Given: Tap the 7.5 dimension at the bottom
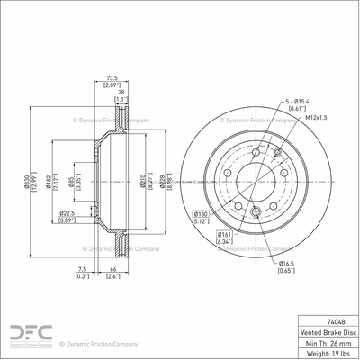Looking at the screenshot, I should point(83,268).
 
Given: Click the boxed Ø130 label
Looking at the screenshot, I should point(201,213).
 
